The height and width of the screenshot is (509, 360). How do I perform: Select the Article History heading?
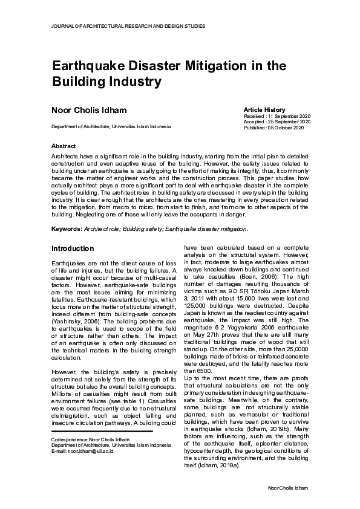(264, 109)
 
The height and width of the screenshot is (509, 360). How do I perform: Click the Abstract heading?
(64, 146)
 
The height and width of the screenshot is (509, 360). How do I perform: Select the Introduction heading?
(73, 248)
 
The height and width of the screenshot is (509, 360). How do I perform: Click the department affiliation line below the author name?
(111, 126)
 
